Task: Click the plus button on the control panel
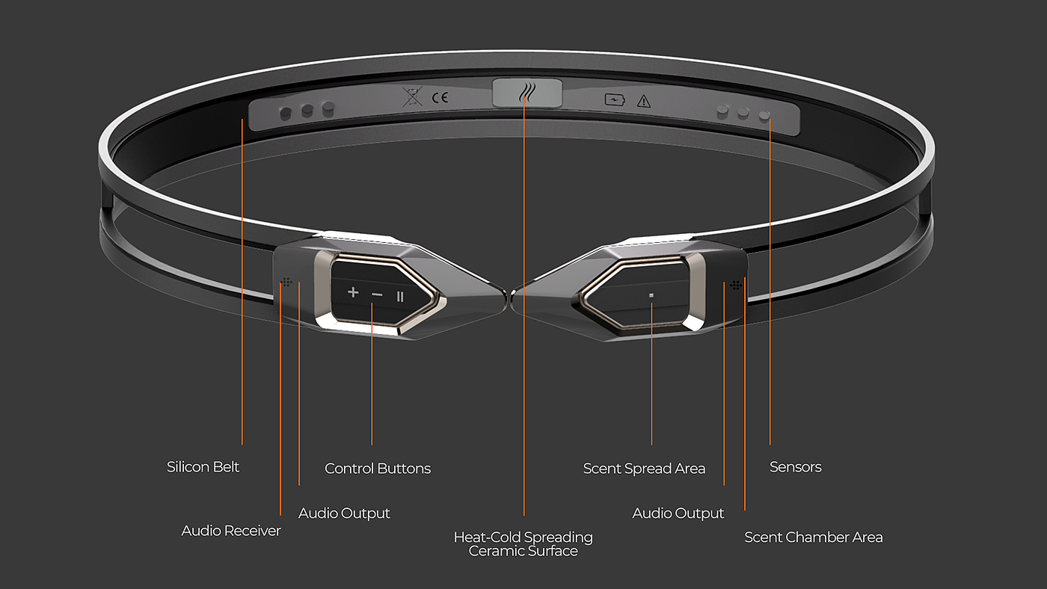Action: [353, 293]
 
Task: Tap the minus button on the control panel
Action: [377, 295]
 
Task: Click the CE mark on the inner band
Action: [440, 96]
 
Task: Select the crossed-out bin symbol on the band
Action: [411, 96]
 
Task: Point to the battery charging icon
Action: [614, 99]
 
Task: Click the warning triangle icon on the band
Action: [643, 101]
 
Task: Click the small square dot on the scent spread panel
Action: [651, 295]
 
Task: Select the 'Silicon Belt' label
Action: [203, 467]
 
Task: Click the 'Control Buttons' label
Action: [378, 469]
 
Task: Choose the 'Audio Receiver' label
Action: [231, 531]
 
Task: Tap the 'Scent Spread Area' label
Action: [644, 469]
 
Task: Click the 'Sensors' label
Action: [796, 467]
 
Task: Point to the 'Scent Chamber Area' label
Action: [814, 537]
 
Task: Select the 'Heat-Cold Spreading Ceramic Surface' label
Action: [523, 544]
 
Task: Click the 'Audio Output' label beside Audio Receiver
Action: [344, 514]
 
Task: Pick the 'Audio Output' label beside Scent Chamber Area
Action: [678, 514]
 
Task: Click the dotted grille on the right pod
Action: [736, 284]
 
